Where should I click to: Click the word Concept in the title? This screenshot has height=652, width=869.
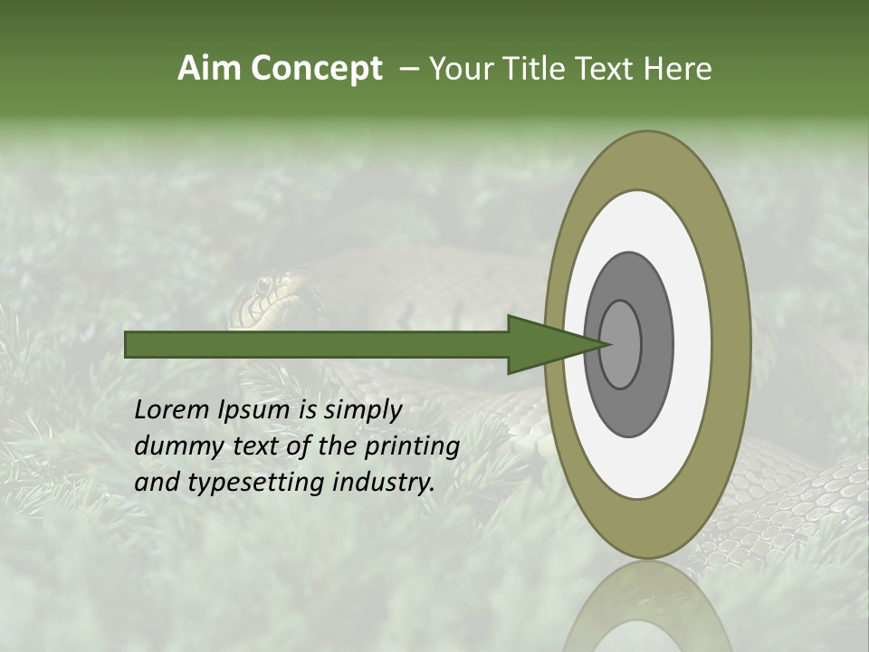pos(316,69)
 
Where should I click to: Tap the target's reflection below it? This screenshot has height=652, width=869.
pos(648,611)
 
